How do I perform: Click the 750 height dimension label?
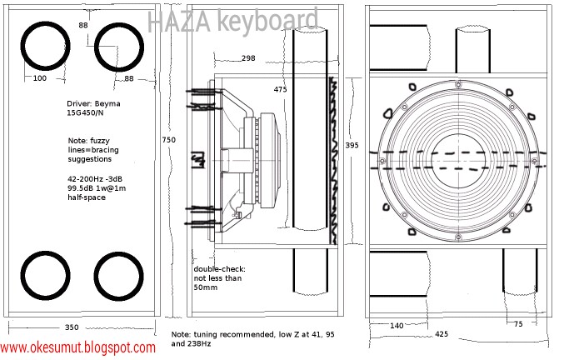[168, 140]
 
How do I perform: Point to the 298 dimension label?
[247, 59]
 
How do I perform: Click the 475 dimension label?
[281, 89]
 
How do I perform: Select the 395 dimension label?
[352, 144]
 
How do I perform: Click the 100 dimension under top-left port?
[39, 78]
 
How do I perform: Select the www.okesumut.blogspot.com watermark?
[77, 347]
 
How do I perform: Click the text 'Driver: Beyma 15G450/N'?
[92, 109]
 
